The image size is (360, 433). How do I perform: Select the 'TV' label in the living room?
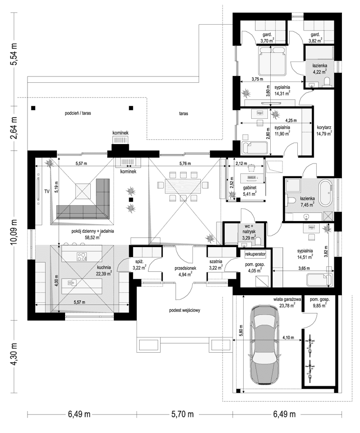pos(47,191)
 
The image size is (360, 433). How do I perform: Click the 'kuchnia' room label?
pos(102,268)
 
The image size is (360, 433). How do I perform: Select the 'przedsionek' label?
pos(184,268)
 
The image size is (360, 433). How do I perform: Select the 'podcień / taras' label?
pos(80,114)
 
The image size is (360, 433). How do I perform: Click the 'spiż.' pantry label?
pos(139,261)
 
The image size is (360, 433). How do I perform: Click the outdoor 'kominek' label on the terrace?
pos(121,133)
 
